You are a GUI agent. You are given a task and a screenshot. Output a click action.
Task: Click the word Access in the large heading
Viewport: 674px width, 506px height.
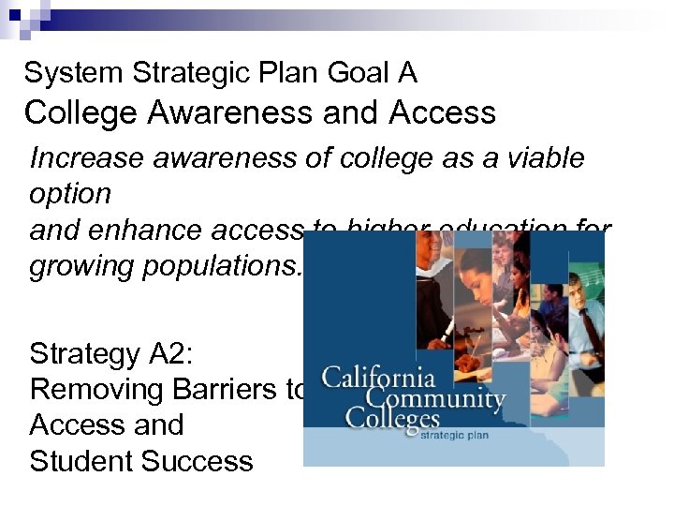coord(442,112)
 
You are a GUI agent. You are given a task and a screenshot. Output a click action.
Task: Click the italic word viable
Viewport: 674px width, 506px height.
coord(539,157)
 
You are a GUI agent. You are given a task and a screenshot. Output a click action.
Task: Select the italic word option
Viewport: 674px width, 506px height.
coord(70,194)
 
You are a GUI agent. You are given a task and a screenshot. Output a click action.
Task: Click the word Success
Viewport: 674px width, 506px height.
coord(198,461)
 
